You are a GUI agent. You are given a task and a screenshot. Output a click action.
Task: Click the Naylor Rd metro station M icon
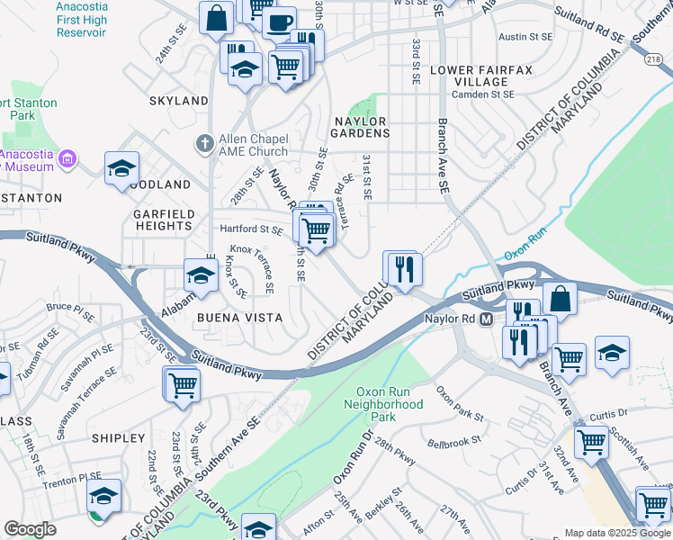tap(486, 319)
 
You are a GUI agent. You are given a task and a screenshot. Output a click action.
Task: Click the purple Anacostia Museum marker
tap(66, 161)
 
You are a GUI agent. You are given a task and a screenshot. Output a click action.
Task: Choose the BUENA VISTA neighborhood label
tap(241, 318)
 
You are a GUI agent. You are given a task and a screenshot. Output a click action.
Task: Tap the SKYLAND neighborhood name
tap(179, 101)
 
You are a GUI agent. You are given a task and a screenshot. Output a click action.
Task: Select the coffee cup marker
tap(280, 22)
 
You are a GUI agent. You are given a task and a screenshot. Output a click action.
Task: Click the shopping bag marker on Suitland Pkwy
tap(560, 299)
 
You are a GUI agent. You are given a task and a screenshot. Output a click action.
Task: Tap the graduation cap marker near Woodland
tap(121, 168)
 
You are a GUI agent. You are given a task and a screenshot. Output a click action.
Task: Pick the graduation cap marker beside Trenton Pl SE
tap(103, 495)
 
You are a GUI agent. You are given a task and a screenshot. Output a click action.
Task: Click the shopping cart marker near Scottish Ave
tap(591, 441)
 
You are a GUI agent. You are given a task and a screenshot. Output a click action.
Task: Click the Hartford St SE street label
tap(251, 229)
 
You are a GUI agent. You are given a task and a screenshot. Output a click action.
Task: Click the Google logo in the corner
tap(31, 529)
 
